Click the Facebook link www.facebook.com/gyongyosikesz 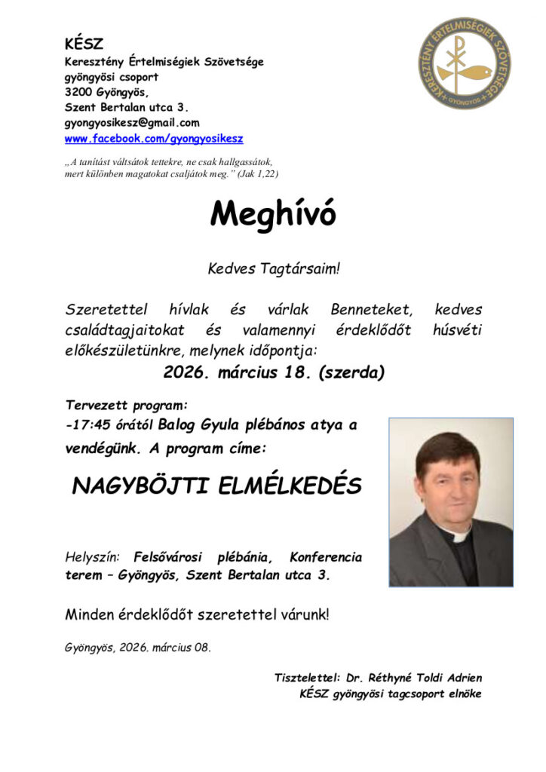(x=154, y=139)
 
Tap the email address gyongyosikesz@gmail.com (x=132, y=123)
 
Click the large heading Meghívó (x=273, y=215)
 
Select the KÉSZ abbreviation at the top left (x=84, y=44)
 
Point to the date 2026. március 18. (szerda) (x=274, y=371)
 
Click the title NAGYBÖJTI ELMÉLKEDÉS (x=216, y=486)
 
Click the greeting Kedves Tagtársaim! (x=273, y=268)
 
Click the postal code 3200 (x=79, y=92)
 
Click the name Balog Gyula (x=196, y=424)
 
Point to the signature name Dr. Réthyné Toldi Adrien (x=413, y=678)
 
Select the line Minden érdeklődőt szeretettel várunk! (x=198, y=614)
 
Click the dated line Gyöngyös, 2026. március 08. (x=138, y=648)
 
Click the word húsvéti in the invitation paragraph (x=457, y=330)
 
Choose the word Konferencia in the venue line (x=325, y=558)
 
